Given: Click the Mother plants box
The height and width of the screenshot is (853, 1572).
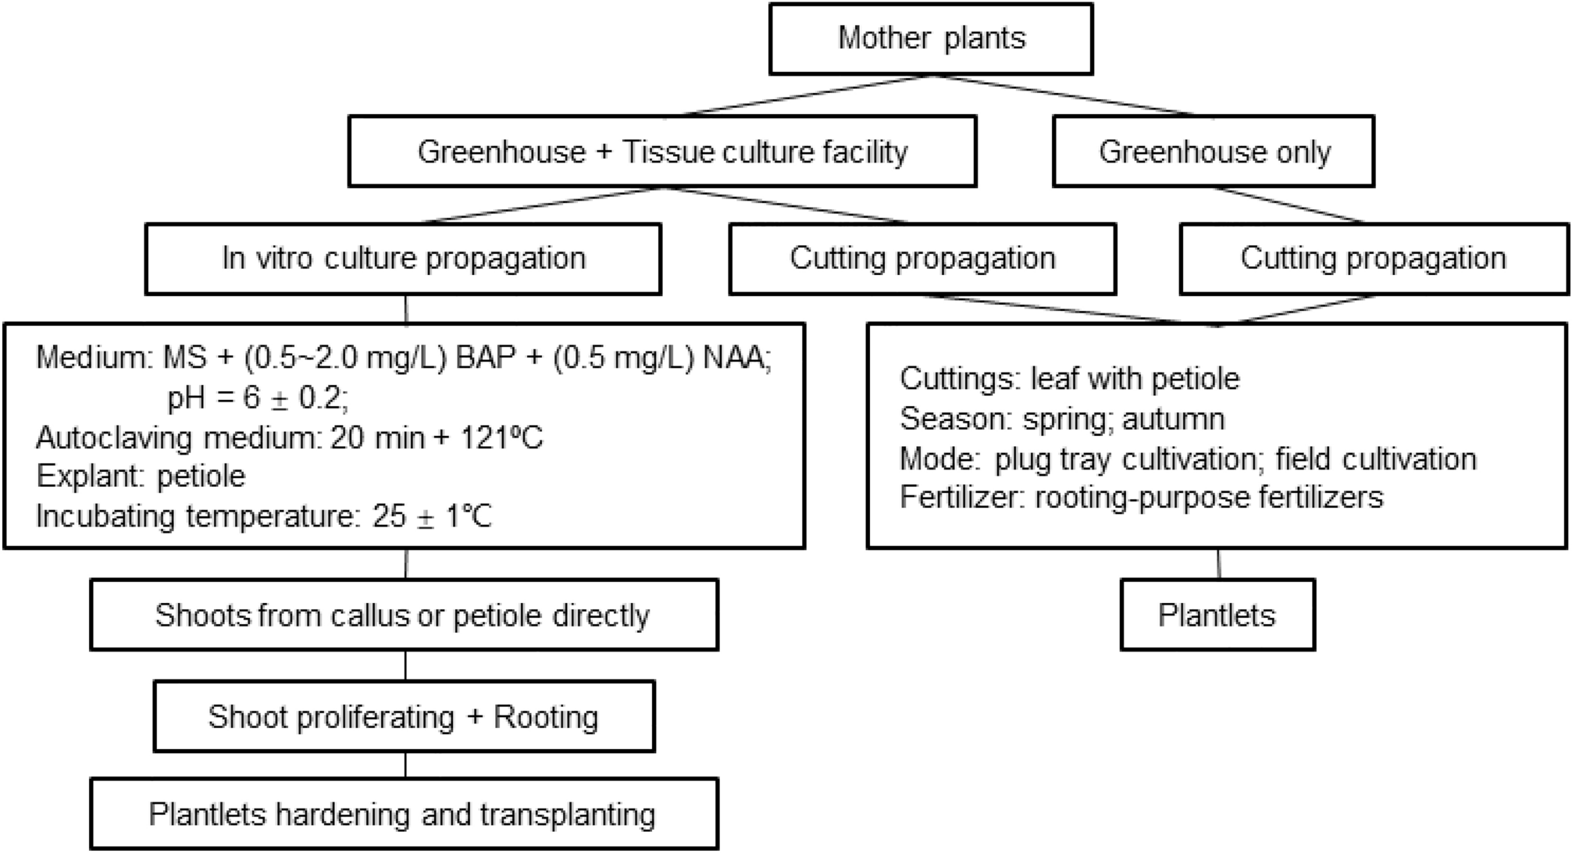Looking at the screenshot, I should [x=931, y=39].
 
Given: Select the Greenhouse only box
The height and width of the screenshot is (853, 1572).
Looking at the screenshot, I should [x=1214, y=152].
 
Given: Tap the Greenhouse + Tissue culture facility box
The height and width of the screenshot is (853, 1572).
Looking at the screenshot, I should [x=662, y=152].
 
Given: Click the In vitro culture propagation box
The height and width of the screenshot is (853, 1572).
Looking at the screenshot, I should [x=403, y=259].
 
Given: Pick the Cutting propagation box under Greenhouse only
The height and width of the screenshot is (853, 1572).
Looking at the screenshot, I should [x=1373, y=259].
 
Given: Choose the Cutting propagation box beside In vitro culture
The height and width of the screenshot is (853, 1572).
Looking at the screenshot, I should [x=922, y=259].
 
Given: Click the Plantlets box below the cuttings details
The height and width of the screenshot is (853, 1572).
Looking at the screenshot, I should [x=1217, y=616].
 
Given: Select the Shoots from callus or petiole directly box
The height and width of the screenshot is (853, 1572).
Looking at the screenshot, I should [x=403, y=616].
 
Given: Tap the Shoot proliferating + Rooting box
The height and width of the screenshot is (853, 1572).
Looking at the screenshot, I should [x=403, y=717].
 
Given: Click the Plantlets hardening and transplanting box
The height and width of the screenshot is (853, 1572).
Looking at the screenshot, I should [x=403, y=815].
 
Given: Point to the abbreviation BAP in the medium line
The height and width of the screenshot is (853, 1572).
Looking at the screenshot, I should [x=486, y=358].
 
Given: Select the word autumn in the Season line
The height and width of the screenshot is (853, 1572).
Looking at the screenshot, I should [x=1173, y=419].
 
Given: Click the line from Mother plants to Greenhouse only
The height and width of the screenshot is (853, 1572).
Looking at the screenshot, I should [x=1064, y=95].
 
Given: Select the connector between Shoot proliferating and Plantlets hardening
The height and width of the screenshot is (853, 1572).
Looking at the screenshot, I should [x=405, y=765].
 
